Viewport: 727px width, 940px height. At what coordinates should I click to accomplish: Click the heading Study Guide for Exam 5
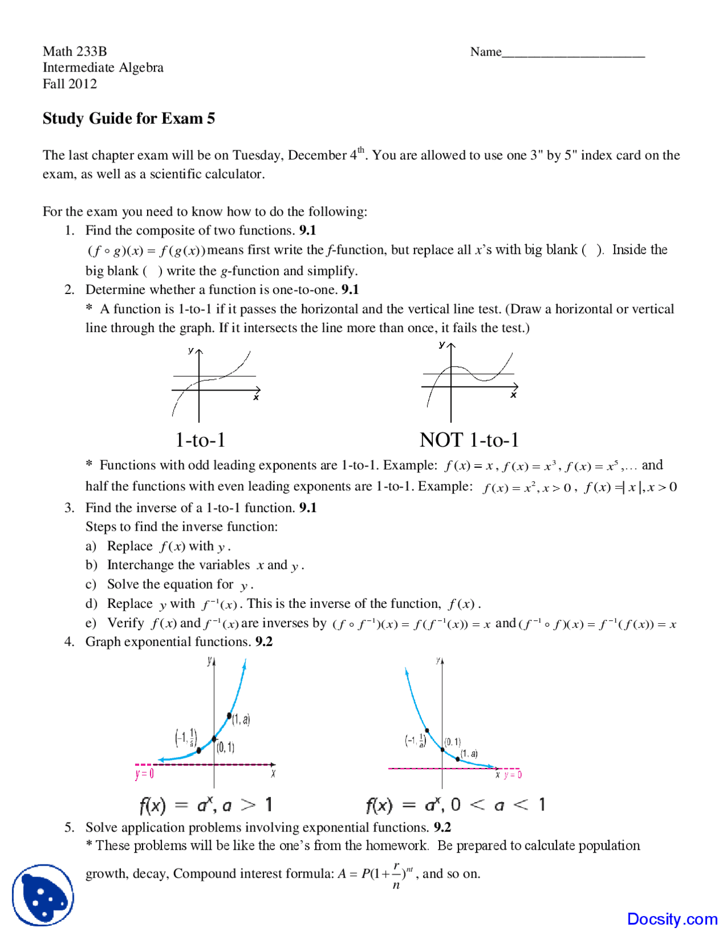[128, 118]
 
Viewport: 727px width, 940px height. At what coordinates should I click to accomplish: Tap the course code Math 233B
[74, 51]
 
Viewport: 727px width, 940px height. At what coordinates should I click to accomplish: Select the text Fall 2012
[69, 84]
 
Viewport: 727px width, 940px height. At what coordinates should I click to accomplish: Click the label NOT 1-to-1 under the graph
[469, 440]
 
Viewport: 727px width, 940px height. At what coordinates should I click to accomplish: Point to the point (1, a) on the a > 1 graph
[229, 716]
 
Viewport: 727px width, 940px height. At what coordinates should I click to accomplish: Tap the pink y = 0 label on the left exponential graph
[144, 774]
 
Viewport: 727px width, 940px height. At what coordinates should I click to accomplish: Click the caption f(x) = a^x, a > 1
[206, 805]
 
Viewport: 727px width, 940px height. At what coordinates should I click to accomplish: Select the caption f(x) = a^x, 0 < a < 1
[456, 805]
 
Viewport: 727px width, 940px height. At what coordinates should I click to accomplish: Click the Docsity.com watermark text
[672, 918]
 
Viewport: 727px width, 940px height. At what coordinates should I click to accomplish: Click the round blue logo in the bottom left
[43, 895]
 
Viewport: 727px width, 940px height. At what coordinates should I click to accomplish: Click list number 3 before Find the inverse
[69, 507]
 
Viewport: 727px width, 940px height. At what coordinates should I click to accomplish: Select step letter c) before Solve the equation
[90, 584]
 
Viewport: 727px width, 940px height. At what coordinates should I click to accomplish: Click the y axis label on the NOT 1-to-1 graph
[442, 344]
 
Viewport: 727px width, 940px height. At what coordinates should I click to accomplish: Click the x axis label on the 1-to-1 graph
[256, 397]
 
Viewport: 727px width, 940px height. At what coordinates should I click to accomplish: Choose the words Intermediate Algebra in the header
[103, 68]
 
